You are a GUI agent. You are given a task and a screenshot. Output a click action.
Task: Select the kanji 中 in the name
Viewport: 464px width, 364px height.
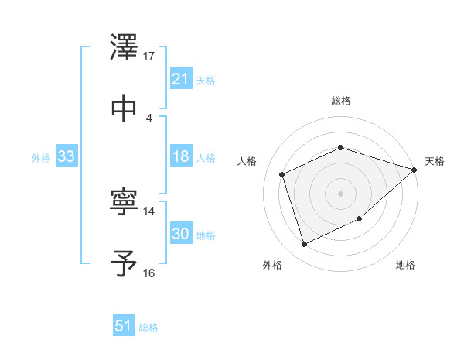tap(124, 108)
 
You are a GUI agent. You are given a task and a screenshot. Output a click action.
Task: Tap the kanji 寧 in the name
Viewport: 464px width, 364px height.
tap(124, 204)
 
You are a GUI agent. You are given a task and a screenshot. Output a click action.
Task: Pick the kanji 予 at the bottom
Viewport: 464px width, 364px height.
tap(124, 264)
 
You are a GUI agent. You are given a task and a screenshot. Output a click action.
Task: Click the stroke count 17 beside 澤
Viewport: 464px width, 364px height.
tap(149, 57)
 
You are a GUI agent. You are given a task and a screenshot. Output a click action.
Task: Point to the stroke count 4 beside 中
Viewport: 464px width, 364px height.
tap(149, 118)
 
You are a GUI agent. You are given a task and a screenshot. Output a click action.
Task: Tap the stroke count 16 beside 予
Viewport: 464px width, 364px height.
tap(149, 273)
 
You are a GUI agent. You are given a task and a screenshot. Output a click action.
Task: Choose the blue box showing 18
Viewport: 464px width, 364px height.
tap(180, 156)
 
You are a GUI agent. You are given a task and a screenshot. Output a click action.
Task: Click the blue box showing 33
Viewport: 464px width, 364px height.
tap(67, 156)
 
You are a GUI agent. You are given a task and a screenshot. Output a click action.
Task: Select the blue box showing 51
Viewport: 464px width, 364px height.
tap(124, 326)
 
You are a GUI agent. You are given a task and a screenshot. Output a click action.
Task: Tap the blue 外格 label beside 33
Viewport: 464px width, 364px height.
tap(41, 157)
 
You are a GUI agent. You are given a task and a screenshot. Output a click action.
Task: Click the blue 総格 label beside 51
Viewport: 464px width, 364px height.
tap(148, 328)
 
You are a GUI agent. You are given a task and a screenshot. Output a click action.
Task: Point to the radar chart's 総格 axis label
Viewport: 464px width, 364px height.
tap(341, 101)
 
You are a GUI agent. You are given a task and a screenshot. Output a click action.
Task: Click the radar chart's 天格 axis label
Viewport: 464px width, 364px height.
tap(435, 161)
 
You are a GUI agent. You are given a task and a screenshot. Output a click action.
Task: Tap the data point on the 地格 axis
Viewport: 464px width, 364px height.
tap(361, 220)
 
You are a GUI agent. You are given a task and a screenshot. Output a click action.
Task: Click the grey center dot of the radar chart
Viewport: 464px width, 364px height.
tap(341, 193)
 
